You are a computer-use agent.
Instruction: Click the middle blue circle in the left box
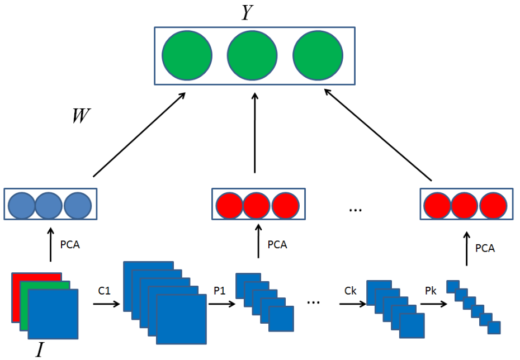pyautogui.click(x=49, y=205)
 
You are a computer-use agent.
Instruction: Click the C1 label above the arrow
pyautogui.click(x=104, y=291)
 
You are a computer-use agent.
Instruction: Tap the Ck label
pyautogui.click(x=351, y=291)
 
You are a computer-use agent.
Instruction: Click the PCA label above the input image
pyautogui.click(x=70, y=244)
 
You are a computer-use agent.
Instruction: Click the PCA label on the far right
pyautogui.click(x=485, y=248)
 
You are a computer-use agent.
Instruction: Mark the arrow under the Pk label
pyautogui.click(x=433, y=305)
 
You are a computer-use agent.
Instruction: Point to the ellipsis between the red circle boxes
pyautogui.click(x=355, y=210)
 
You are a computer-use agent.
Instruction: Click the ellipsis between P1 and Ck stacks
pyautogui.click(x=314, y=302)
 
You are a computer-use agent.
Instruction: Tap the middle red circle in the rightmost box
pyautogui.click(x=465, y=205)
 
